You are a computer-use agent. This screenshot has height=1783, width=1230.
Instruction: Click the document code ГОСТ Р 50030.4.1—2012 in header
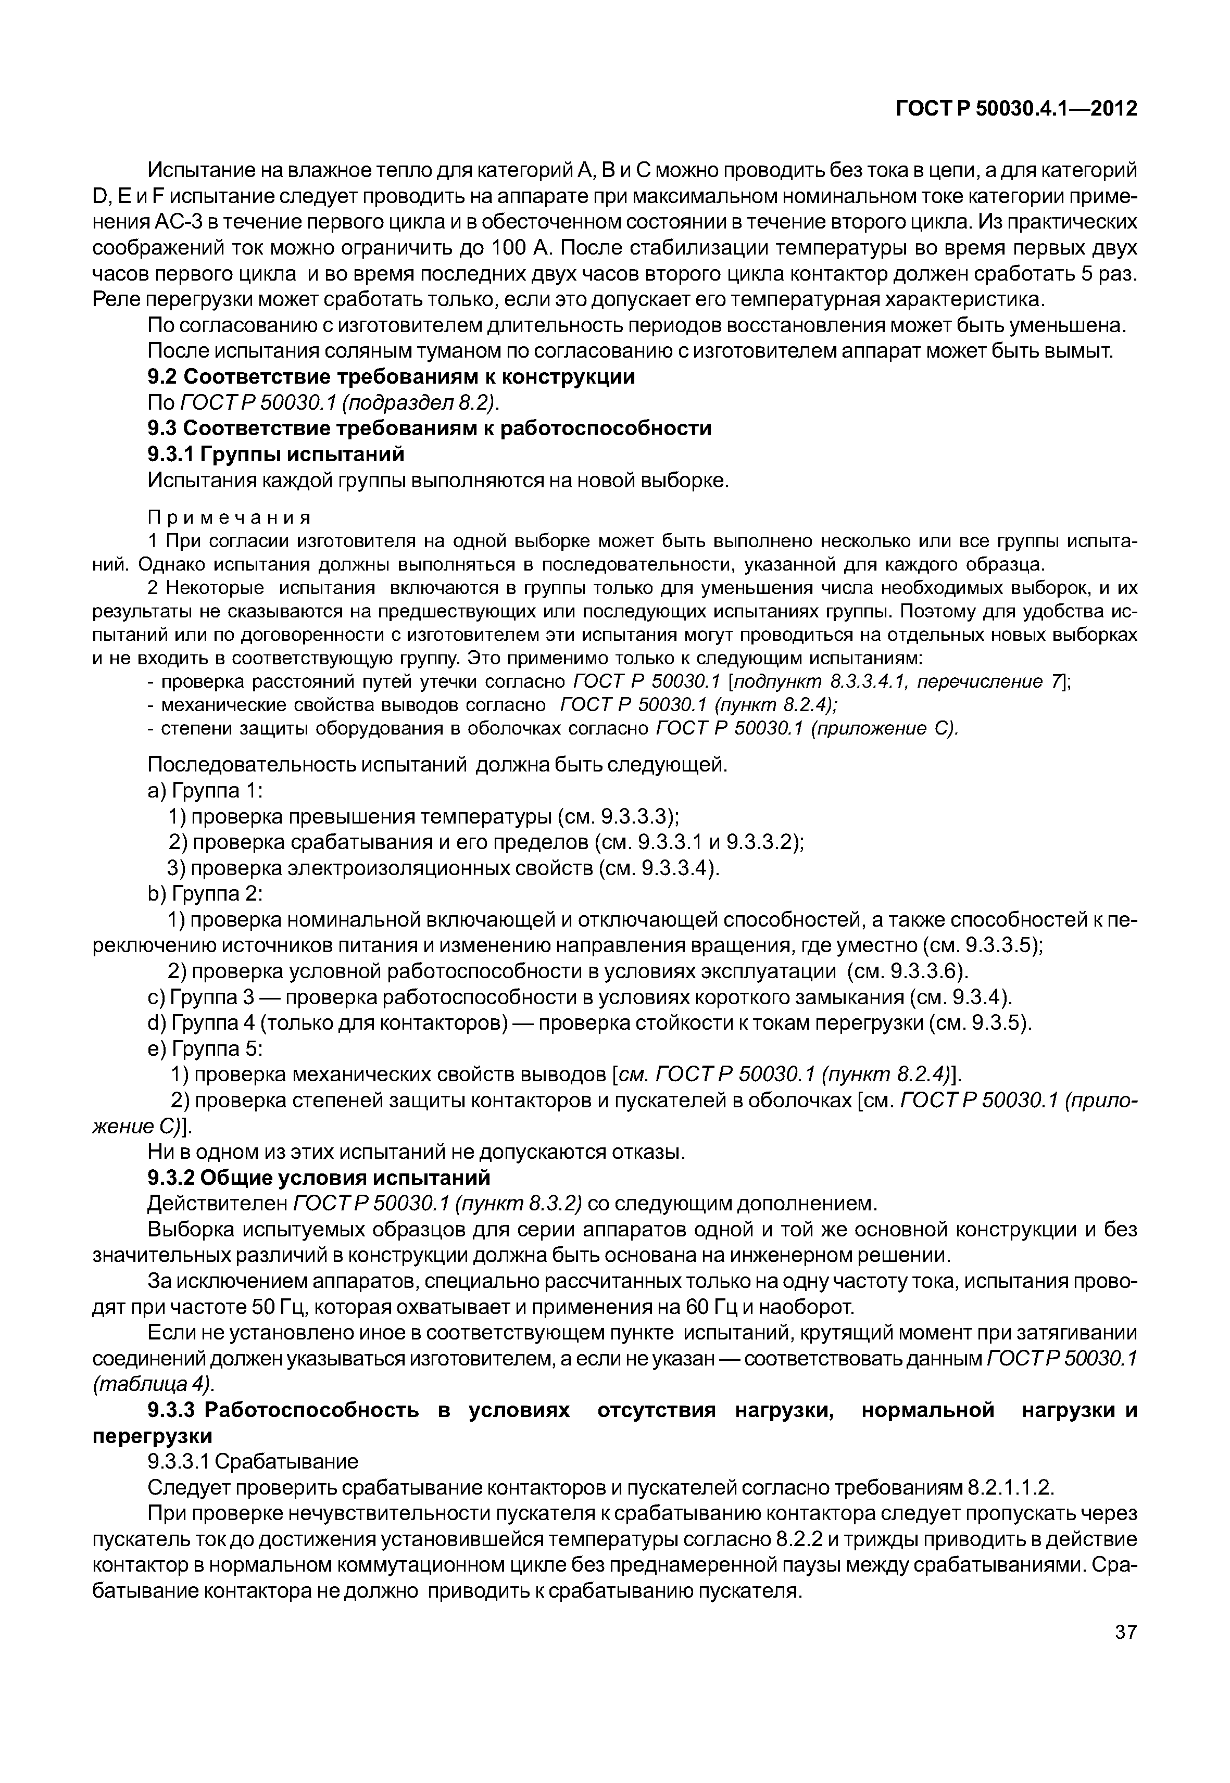(1016, 109)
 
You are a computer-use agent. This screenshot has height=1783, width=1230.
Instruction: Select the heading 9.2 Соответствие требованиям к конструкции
(392, 377)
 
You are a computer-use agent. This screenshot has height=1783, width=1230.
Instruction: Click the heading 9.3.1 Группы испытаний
(276, 454)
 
